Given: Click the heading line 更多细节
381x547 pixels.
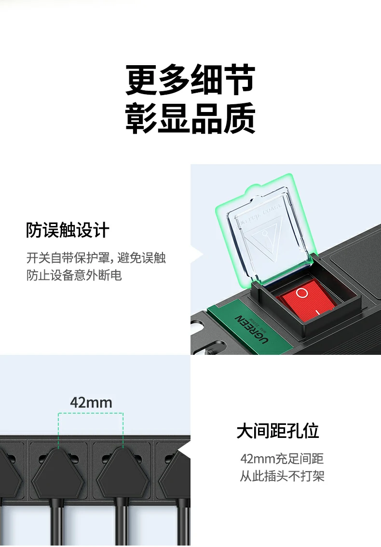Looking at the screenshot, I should (x=190, y=80).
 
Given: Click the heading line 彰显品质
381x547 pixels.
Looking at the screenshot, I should (x=190, y=119).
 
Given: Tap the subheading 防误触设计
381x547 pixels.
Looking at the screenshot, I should (x=68, y=230).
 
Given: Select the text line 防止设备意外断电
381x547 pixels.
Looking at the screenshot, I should (x=74, y=275).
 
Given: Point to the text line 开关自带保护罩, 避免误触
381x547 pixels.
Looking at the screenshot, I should (x=96, y=258).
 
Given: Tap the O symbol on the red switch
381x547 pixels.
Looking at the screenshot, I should (x=302, y=293).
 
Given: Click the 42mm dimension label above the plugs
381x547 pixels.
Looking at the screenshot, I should (x=91, y=402).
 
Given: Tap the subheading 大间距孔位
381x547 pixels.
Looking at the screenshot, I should (x=278, y=431).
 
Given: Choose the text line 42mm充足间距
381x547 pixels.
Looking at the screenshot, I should (x=282, y=459).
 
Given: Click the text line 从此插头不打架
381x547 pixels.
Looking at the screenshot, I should (x=282, y=477).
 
